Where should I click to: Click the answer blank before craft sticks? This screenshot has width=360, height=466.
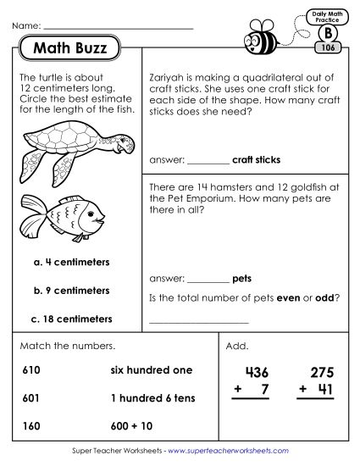point(206,160)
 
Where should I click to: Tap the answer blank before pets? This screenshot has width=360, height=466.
point(206,279)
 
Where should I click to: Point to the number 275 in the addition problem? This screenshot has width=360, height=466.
point(321,374)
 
